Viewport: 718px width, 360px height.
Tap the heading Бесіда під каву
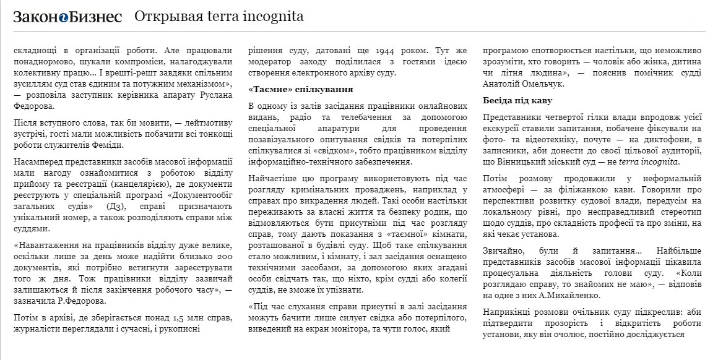(517, 100)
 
